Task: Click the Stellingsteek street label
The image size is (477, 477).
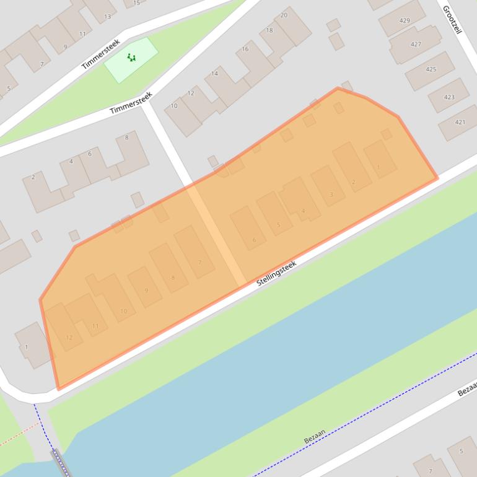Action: pos(277,273)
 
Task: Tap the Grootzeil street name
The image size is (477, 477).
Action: pos(453,20)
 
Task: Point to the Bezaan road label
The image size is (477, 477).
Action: pos(315,437)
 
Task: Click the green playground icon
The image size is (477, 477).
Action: pos(131,58)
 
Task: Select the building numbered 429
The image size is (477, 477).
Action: pos(404,20)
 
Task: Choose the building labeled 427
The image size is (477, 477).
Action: pos(416,45)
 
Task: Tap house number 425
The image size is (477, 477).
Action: pos(431,69)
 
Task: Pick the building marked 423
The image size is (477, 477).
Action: pos(449,97)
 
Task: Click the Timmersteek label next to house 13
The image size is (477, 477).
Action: pos(100,54)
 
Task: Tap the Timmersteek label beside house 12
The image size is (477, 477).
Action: pos(131,103)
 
